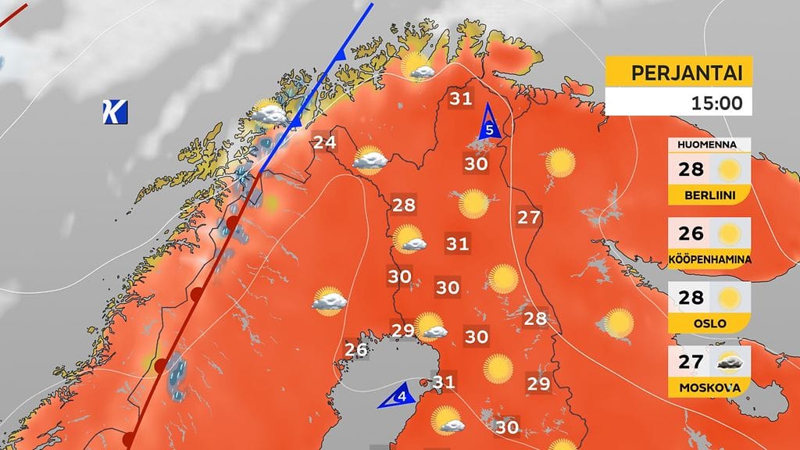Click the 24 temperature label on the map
[324, 142]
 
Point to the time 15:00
[715, 102]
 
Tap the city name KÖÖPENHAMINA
[710, 259]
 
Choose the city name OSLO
[709, 323]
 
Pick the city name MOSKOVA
[709, 387]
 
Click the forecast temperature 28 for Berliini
[691, 170]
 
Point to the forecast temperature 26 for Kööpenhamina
[691, 233]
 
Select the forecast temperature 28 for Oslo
[691, 297]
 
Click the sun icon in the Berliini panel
[730, 170]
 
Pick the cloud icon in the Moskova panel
[730, 361]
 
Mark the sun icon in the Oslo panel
[730, 297]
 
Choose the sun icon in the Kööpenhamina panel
[730, 233]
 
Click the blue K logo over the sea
[114, 112]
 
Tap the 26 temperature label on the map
[356, 349]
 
